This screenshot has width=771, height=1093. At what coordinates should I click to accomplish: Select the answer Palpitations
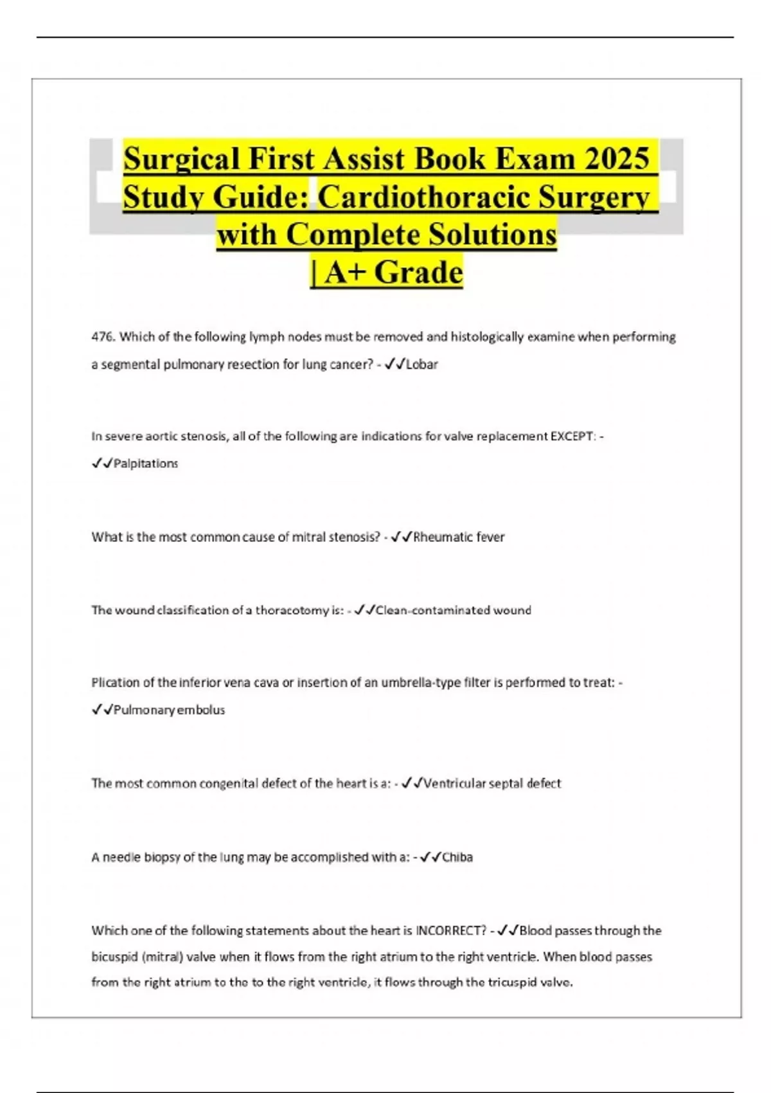point(146,464)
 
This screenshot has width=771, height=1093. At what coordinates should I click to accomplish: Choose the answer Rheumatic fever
point(459,537)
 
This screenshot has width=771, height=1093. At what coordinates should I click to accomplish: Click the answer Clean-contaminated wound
point(453,610)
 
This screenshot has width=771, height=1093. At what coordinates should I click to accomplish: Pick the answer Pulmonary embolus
point(169,710)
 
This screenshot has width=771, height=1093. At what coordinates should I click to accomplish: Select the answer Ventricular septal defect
point(492,784)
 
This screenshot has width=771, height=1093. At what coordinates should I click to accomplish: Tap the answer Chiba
point(457,858)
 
